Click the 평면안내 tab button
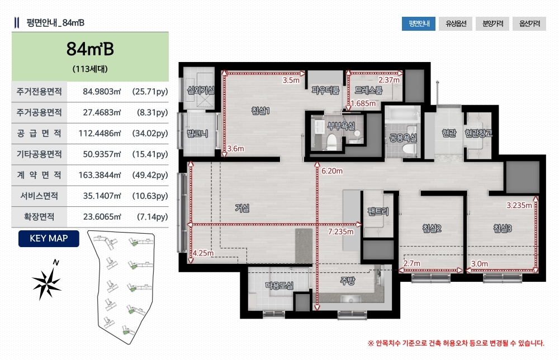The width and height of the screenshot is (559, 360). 419,24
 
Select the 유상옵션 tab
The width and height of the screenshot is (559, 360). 456,24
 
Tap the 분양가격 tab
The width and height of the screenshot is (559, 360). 492,24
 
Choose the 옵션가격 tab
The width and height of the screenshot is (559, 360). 529,24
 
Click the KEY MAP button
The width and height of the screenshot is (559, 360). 49,239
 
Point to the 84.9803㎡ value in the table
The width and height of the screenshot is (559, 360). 102,92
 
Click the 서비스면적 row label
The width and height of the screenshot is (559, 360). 39,196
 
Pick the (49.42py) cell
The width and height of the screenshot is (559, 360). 150,175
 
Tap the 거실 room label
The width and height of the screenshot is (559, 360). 242,208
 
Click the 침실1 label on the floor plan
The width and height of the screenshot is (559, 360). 260,111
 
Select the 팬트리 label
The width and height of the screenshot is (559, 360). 378,212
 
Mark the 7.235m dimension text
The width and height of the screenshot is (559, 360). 341,231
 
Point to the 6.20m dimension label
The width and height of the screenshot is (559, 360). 332,171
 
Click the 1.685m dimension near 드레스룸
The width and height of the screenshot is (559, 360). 363,104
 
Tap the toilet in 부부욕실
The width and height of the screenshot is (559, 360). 332,142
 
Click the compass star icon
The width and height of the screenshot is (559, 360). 47,281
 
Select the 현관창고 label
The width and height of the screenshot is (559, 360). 478,133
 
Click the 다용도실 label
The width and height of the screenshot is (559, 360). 279,285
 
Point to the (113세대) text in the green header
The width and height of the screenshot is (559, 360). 90,69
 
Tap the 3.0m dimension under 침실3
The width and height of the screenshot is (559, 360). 480,264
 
